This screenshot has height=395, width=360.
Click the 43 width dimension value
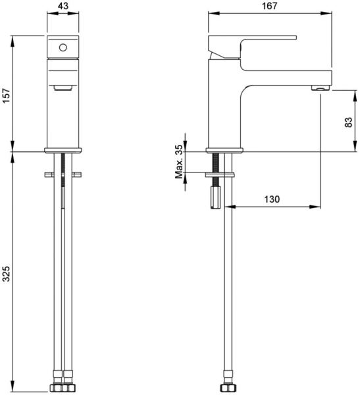[63, 6]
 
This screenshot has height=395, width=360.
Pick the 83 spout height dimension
[349, 122]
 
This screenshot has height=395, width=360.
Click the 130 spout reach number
[273, 199]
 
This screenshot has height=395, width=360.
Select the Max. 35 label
[178, 163]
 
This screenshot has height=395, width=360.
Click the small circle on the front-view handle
[63, 47]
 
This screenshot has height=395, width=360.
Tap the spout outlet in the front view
[63, 87]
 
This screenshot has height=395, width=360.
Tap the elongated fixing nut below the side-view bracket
[214, 196]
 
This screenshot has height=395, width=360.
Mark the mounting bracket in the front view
[63, 175]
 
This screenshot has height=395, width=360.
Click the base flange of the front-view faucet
[63, 150]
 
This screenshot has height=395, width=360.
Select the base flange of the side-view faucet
[225, 150]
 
